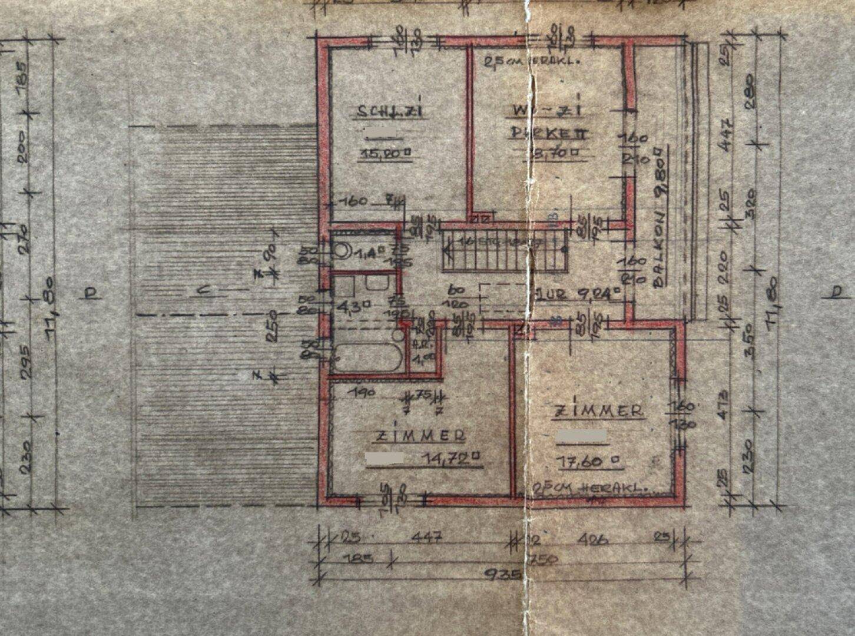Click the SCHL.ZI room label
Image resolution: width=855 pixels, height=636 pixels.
coord(390,111)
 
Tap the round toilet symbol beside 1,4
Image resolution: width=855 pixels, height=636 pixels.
coord(340,251)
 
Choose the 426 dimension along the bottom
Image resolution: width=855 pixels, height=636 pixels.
coord(593,538)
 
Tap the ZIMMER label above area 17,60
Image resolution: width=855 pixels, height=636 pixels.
coord(598,411)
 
